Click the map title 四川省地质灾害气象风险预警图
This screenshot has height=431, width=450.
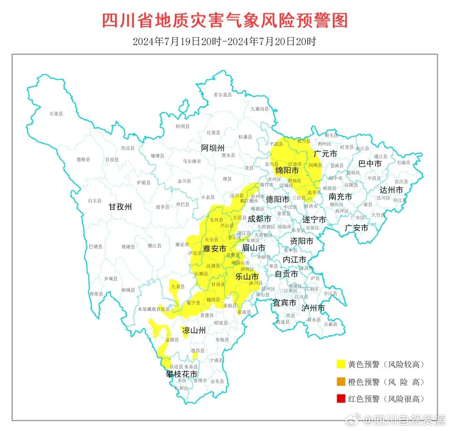[x=225, y=20]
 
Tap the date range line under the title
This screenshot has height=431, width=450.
[x=225, y=42]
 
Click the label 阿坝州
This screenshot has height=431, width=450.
[x=212, y=148]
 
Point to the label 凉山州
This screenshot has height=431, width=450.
[x=194, y=331]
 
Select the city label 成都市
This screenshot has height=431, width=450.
[x=260, y=219]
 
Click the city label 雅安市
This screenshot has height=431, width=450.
[x=215, y=249]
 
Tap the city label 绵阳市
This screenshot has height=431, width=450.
[x=287, y=171]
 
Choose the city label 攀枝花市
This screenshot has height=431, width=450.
[x=182, y=374]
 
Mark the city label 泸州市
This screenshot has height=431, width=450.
[x=313, y=308]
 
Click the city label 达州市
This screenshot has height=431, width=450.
[x=391, y=190]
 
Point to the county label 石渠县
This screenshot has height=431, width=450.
[x=56, y=114]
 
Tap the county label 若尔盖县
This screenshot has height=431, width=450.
[x=222, y=95]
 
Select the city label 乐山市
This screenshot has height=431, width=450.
[x=247, y=277]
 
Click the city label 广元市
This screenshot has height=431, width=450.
[x=325, y=154]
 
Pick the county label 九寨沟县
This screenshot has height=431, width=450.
[x=260, y=109]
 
